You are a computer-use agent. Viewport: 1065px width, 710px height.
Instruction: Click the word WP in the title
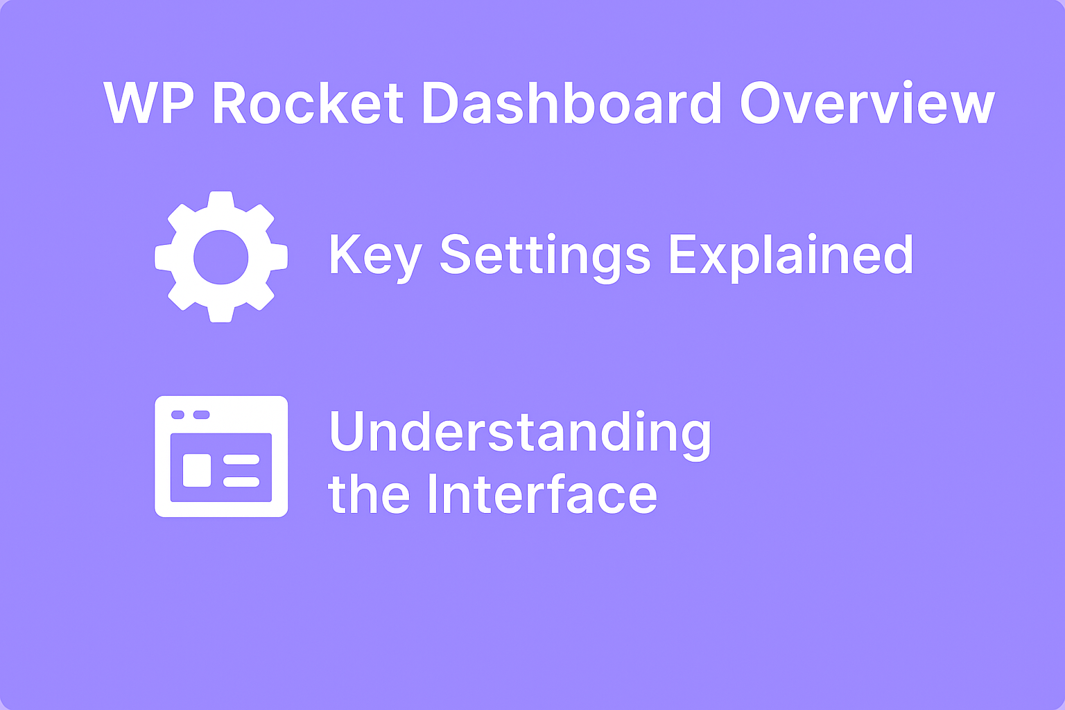click(149, 104)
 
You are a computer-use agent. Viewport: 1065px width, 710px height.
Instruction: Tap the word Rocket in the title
click(308, 104)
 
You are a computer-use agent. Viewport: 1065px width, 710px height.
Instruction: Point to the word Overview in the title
click(867, 104)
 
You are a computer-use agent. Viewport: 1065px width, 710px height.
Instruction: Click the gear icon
click(221, 257)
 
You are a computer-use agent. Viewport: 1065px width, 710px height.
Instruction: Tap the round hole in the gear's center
click(221, 257)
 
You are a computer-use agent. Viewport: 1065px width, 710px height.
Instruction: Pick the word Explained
click(790, 254)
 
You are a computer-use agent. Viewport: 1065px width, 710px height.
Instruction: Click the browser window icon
click(221, 456)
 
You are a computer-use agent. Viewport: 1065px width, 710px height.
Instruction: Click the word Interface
click(542, 494)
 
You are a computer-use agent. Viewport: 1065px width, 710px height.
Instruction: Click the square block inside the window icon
click(197, 470)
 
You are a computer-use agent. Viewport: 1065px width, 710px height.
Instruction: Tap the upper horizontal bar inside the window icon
click(241, 460)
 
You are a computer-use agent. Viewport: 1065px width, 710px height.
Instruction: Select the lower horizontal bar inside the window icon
click(241, 481)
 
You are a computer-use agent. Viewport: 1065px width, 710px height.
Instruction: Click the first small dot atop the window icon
click(177, 415)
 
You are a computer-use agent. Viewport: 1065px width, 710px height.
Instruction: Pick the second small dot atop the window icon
click(201, 415)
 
